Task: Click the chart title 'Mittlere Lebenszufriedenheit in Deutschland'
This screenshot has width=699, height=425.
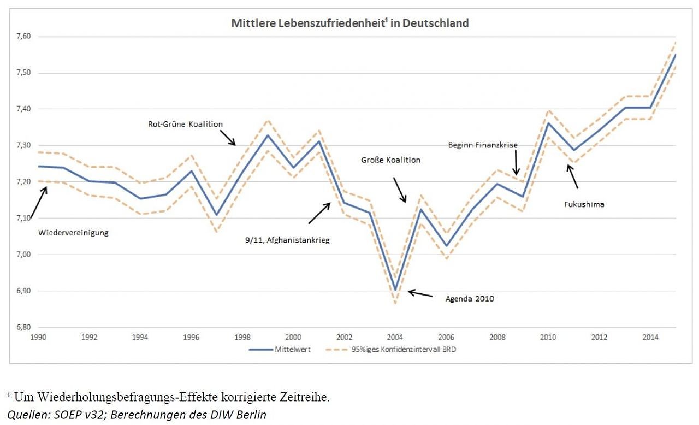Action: click(350, 23)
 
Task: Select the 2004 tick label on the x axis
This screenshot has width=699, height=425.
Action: click(395, 337)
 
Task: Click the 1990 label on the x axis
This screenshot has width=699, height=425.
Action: click(38, 337)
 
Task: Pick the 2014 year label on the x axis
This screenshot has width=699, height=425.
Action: click(650, 337)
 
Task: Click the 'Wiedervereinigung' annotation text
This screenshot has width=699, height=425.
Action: click(73, 233)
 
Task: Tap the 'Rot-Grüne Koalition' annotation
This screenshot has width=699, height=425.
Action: click(185, 124)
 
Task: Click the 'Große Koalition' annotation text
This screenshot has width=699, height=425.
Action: click(390, 160)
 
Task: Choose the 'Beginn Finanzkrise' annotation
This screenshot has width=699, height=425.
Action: click(483, 145)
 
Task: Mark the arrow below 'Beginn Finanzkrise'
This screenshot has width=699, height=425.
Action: click(516, 164)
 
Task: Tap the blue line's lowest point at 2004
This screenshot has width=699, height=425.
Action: click(395, 290)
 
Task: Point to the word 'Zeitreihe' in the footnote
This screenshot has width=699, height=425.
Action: click(306, 397)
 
